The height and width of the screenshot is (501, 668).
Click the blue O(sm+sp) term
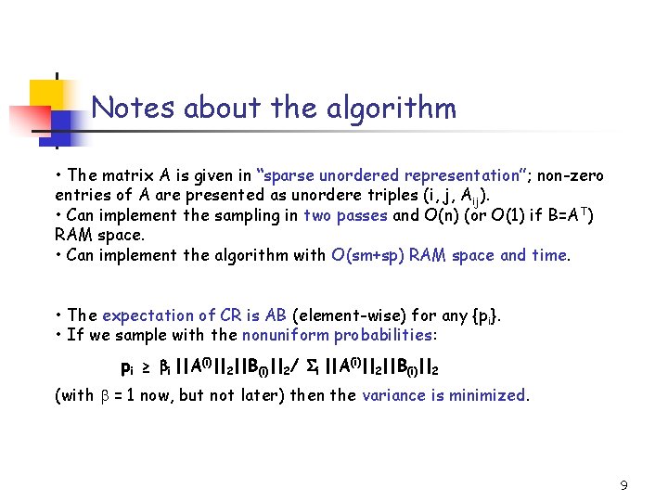tap(374, 255)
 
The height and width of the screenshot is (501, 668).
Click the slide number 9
tap(623, 484)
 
